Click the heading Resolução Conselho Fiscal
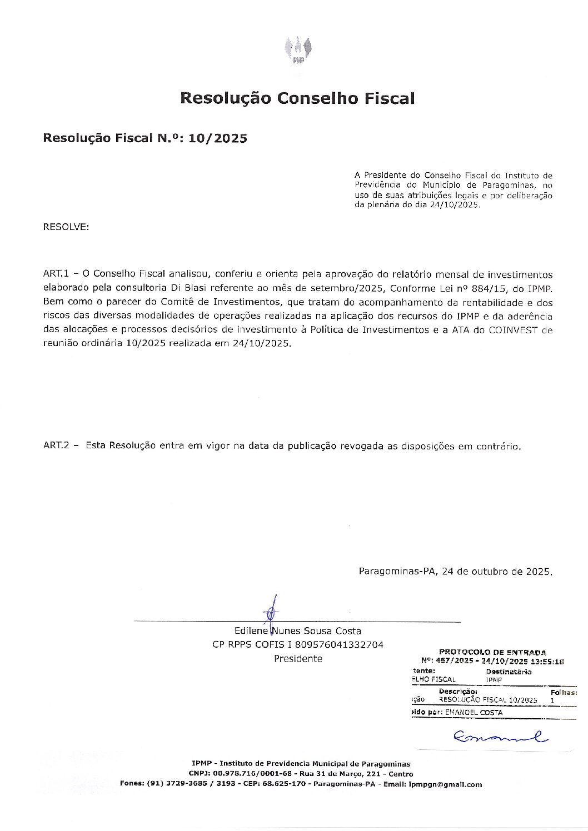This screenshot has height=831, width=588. (x=297, y=98)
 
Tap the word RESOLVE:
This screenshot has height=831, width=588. (x=66, y=227)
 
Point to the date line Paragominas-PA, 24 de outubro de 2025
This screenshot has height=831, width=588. (x=455, y=572)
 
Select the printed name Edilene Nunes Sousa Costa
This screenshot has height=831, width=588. (x=297, y=631)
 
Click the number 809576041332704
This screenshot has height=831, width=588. (x=340, y=645)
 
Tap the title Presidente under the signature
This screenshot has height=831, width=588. (x=297, y=659)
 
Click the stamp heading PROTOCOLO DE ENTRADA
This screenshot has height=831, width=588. (x=492, y=652)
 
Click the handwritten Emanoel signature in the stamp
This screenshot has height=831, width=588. (x=500, y=737)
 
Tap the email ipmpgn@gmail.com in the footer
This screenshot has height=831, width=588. (x=445, y=784)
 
